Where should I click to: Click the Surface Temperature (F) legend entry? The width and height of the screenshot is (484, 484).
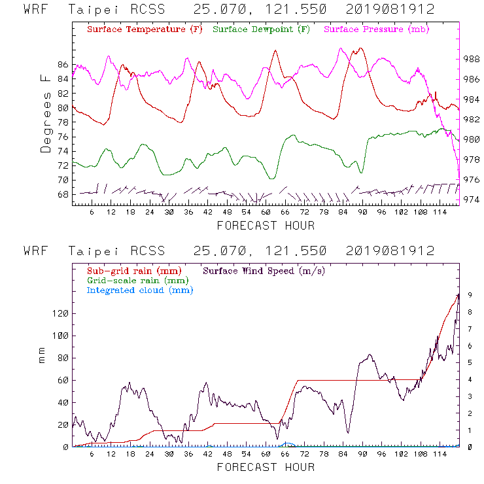145,30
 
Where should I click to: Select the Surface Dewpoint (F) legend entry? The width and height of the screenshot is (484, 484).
261,30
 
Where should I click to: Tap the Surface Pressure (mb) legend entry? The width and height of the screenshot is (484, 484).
373,30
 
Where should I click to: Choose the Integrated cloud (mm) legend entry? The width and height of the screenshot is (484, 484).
140,290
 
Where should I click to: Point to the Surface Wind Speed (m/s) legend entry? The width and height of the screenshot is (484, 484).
264,270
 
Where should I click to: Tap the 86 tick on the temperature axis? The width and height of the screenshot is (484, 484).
63,65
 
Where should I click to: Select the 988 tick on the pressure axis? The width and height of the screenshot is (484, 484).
472,59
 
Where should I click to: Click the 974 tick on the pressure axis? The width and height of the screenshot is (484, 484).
472,199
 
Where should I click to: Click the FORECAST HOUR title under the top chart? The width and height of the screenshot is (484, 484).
266,226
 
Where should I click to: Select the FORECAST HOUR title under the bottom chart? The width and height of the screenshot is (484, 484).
266,467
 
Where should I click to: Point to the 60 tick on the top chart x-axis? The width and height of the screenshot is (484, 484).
266,213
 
